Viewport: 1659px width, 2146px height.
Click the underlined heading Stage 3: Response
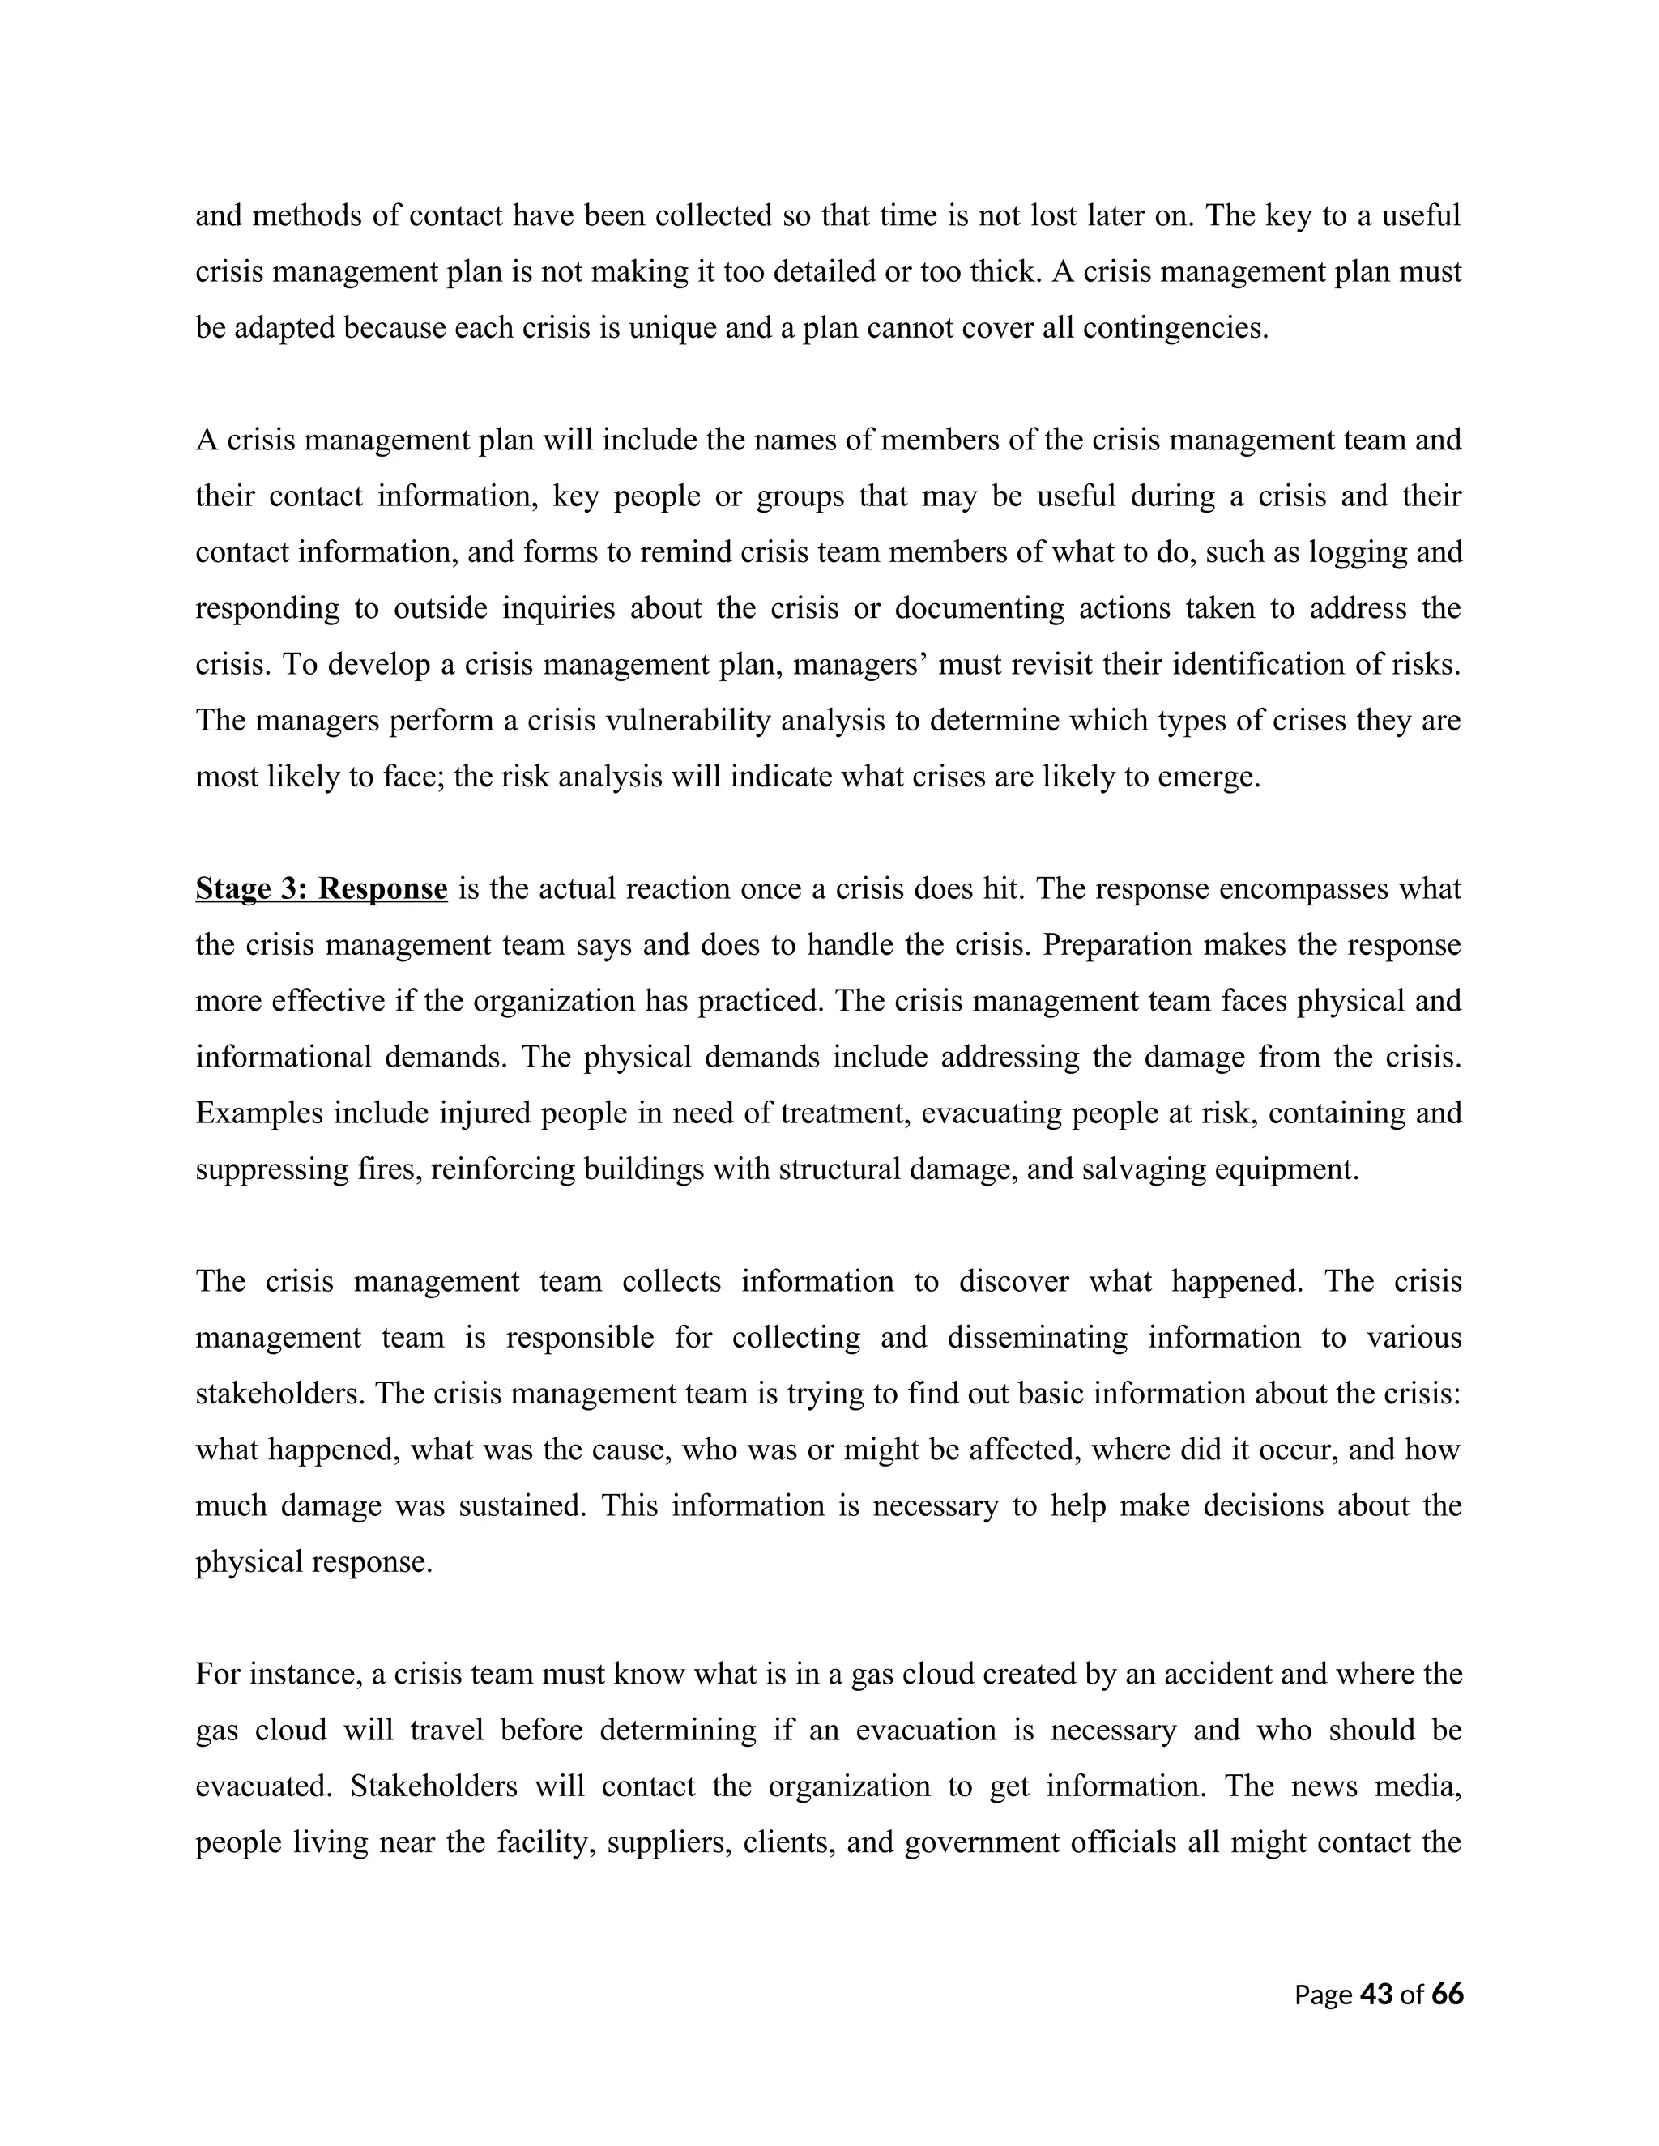(x=322, y=888)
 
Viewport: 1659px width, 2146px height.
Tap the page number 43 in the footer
(x=1376, y=1994)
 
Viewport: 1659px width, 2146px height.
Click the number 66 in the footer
(x=1447, y=1994)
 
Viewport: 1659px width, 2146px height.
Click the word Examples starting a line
(x=259, y=1113)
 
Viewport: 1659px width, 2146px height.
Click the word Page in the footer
(x=1322, y=1994)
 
